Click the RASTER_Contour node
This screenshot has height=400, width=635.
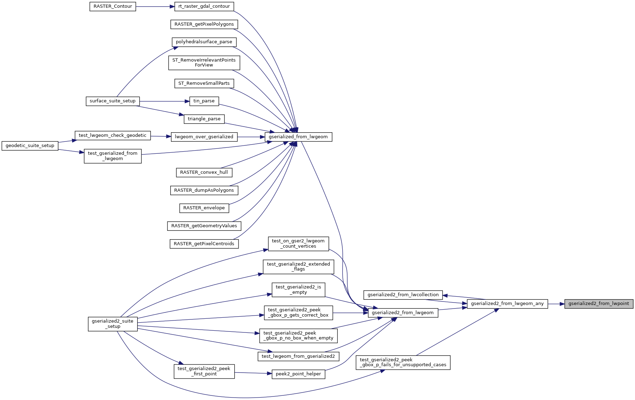tap(113, 7)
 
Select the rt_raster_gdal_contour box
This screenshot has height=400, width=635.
tap(204, 6)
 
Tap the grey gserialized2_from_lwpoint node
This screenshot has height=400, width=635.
tap(598, 304)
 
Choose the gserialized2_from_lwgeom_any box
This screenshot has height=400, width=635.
tap(507, 304)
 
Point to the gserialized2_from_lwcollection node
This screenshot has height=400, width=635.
tap(403, 295)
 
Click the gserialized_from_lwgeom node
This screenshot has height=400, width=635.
tap(298, 137)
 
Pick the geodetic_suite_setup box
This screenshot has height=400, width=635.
tap(30, 146)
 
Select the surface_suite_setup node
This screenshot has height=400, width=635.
tap(113, 101)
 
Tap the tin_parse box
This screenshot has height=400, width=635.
tap(204, 101)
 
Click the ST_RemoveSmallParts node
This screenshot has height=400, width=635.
tap(204, 83)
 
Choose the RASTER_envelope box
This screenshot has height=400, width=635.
tap(204, 208)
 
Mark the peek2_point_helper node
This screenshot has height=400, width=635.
tap(298, 374)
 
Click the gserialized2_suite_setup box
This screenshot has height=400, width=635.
tap(113, 324)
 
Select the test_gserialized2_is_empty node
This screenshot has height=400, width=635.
tap(298, 290)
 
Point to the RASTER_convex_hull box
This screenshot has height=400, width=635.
tap(204, 172)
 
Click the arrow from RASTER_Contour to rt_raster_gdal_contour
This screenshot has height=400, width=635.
tap(155, 7)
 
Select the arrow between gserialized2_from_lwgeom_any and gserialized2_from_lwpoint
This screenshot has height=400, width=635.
tap(556, 304)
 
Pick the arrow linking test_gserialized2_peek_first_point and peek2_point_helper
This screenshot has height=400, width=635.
tap(253, 373)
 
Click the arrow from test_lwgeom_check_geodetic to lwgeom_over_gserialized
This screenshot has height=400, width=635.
tap(161, 136)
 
